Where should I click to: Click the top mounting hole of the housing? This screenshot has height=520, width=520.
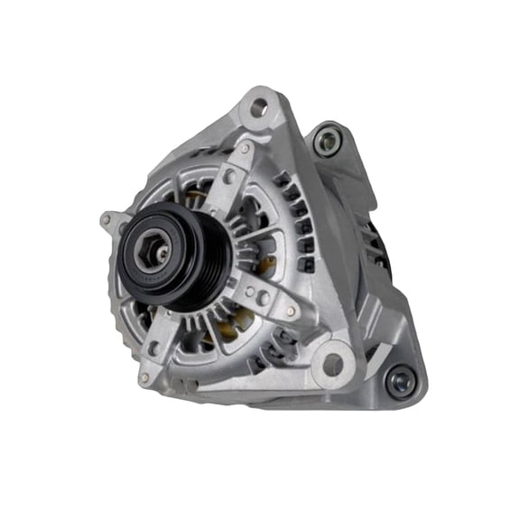[259, 107]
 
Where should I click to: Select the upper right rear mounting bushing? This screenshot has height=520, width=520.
[326, 140]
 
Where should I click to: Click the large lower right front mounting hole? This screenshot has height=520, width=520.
[332, 364]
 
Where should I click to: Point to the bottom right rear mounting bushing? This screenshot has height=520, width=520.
[397, 380]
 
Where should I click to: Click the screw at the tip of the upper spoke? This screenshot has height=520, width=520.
[245, 148]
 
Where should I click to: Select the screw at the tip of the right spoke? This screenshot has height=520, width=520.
[290, 311]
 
